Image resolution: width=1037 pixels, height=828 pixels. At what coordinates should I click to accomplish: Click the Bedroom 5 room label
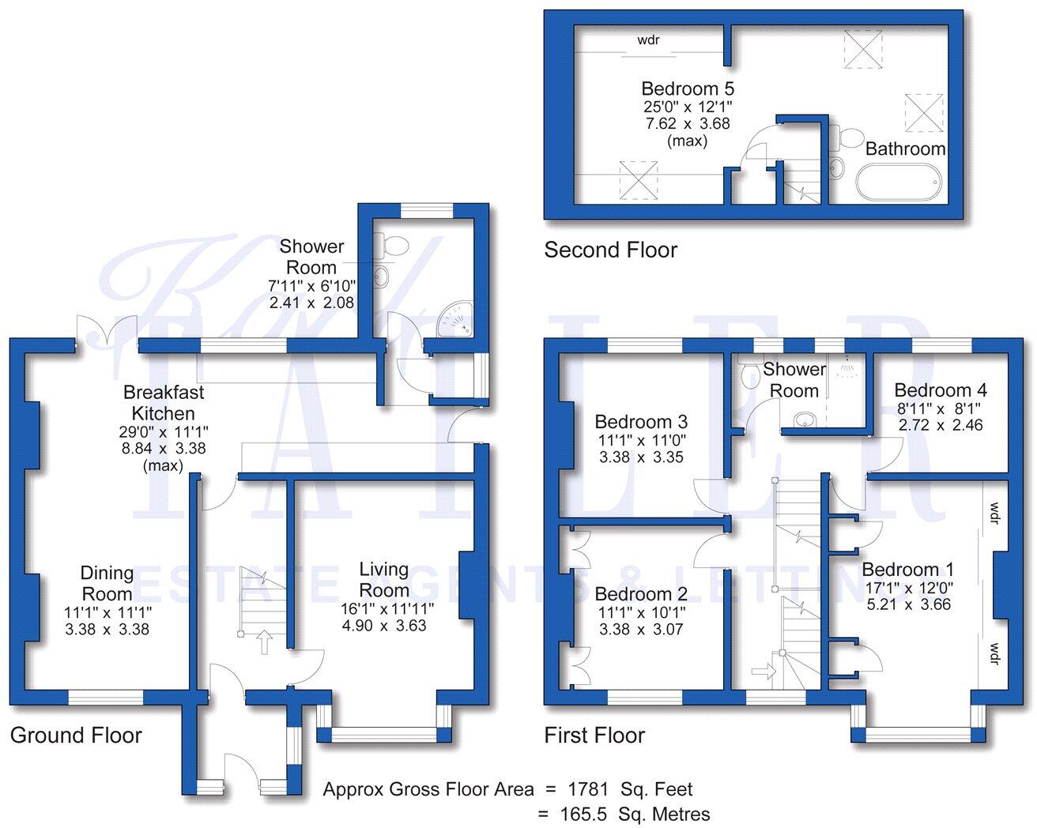pyautogui.click(x=687, y=88)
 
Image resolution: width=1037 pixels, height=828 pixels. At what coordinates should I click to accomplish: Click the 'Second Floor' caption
pyautogui.click(x=610, y=250)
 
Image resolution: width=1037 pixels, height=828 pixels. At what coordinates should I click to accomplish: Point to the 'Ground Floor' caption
pyautogui.click(x=76, y=736)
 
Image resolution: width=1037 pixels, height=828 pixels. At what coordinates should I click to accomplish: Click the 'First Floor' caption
pyautogui.click(x=594, y=736)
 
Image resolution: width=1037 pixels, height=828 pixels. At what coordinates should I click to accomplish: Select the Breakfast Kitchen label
pyautogui.click(x=163, y=402)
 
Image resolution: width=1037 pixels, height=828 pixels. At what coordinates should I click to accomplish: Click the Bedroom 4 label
pyautogui.click(x=941, y=390)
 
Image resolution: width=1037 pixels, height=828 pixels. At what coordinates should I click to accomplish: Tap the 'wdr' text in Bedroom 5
pyautogui.click(x=650, y=39)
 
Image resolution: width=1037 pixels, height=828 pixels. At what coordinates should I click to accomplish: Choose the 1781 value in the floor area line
pyautogui.click(x=589, y=788)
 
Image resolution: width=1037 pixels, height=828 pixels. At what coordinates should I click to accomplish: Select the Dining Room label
pyautogui.click(x=107, y=583)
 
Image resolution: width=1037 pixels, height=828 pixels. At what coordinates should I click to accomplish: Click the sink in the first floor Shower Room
pyautogui.click(x=804, y=418)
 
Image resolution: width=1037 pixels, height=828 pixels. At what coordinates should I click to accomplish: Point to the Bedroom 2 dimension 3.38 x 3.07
pyautogui.click(x=641, y=630)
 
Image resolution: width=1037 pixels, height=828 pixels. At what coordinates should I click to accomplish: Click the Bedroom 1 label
pyautogui.click(x=907, y=570)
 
